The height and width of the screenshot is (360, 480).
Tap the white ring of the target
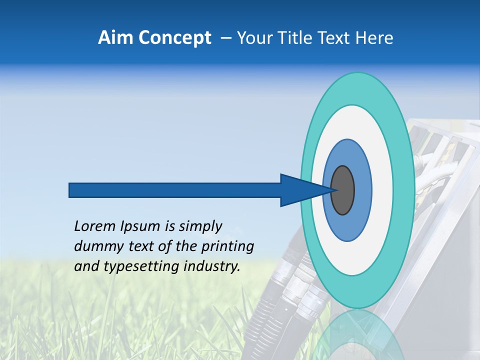click(382, 190)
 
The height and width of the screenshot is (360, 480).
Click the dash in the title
click(225, 38)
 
